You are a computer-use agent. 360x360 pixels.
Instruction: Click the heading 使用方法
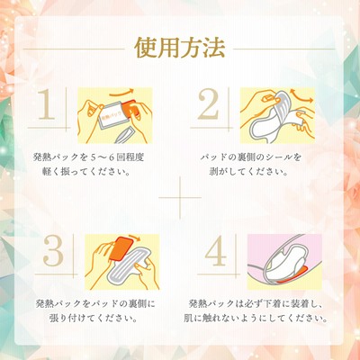point(180,48)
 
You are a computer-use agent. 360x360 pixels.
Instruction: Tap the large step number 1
point(47,103)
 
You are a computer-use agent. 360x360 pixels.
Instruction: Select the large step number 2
point(210,103)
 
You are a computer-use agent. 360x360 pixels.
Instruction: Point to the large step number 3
point(53,250)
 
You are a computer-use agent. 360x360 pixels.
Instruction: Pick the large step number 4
point(215,250)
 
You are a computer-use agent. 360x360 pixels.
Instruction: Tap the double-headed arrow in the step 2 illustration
point(301,97)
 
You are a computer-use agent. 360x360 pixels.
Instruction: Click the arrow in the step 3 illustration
point(134,238)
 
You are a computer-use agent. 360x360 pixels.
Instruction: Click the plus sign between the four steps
point(180,198)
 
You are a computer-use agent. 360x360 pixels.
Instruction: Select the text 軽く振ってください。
point(86,173)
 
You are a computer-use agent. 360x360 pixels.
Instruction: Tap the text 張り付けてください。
point(94,319)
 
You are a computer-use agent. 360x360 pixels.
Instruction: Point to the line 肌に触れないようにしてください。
point(256,319)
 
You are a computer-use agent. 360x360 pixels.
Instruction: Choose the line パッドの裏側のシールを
point(251,157)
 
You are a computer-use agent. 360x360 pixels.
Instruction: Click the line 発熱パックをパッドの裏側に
point(95,303)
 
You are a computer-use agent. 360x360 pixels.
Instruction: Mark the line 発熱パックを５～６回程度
point(88,157)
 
